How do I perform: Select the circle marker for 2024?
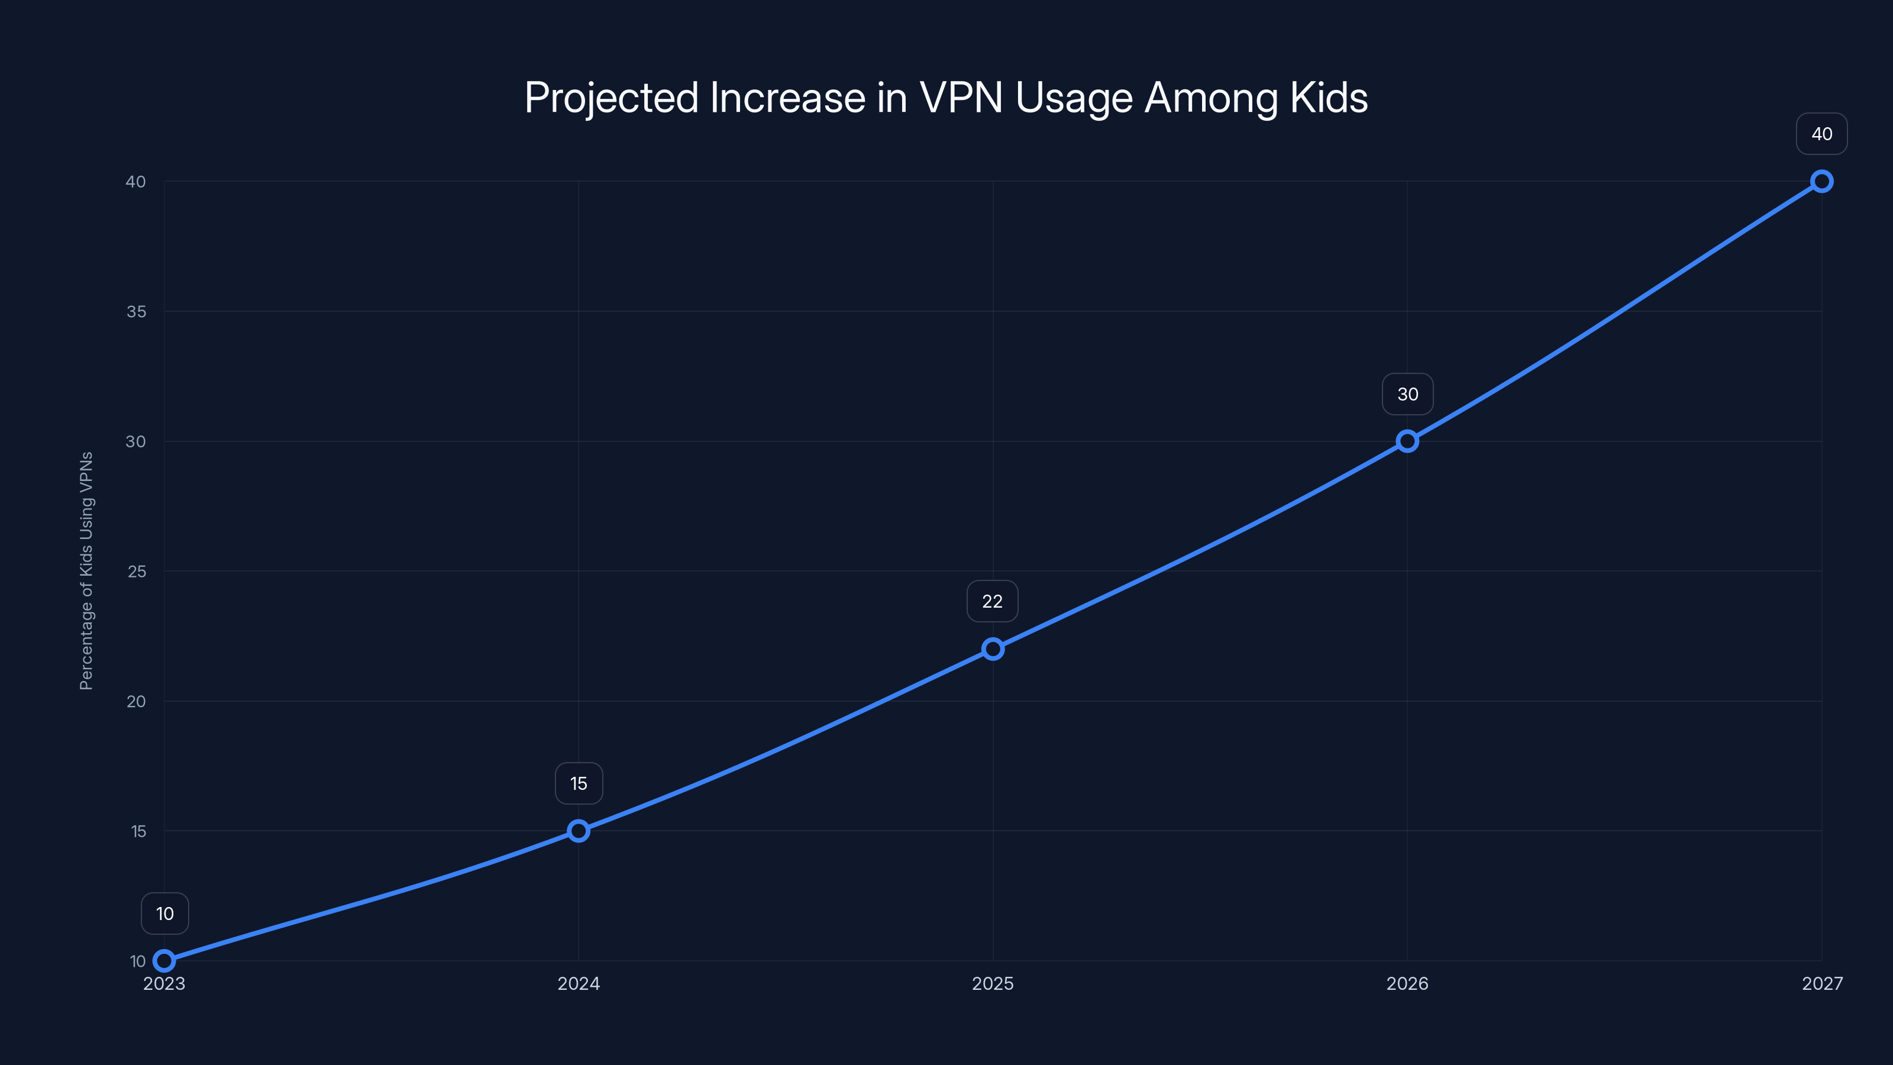pos(579,831)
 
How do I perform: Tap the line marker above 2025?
pos(993,648)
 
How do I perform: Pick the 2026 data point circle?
pos(1407,441)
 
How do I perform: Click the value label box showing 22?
pos(992,601)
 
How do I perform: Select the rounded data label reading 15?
pos(579,783)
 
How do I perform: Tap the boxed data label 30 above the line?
pos(1407,394)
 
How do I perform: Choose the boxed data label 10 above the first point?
pos(164,914)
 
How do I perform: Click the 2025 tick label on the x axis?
pos(993,983)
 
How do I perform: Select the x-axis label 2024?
pos(579,983)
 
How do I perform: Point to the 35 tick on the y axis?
pos(136,312)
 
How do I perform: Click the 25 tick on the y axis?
pos(137,571)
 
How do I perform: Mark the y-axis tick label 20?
pos(136,701)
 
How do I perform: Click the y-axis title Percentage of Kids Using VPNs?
pos(86,570)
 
